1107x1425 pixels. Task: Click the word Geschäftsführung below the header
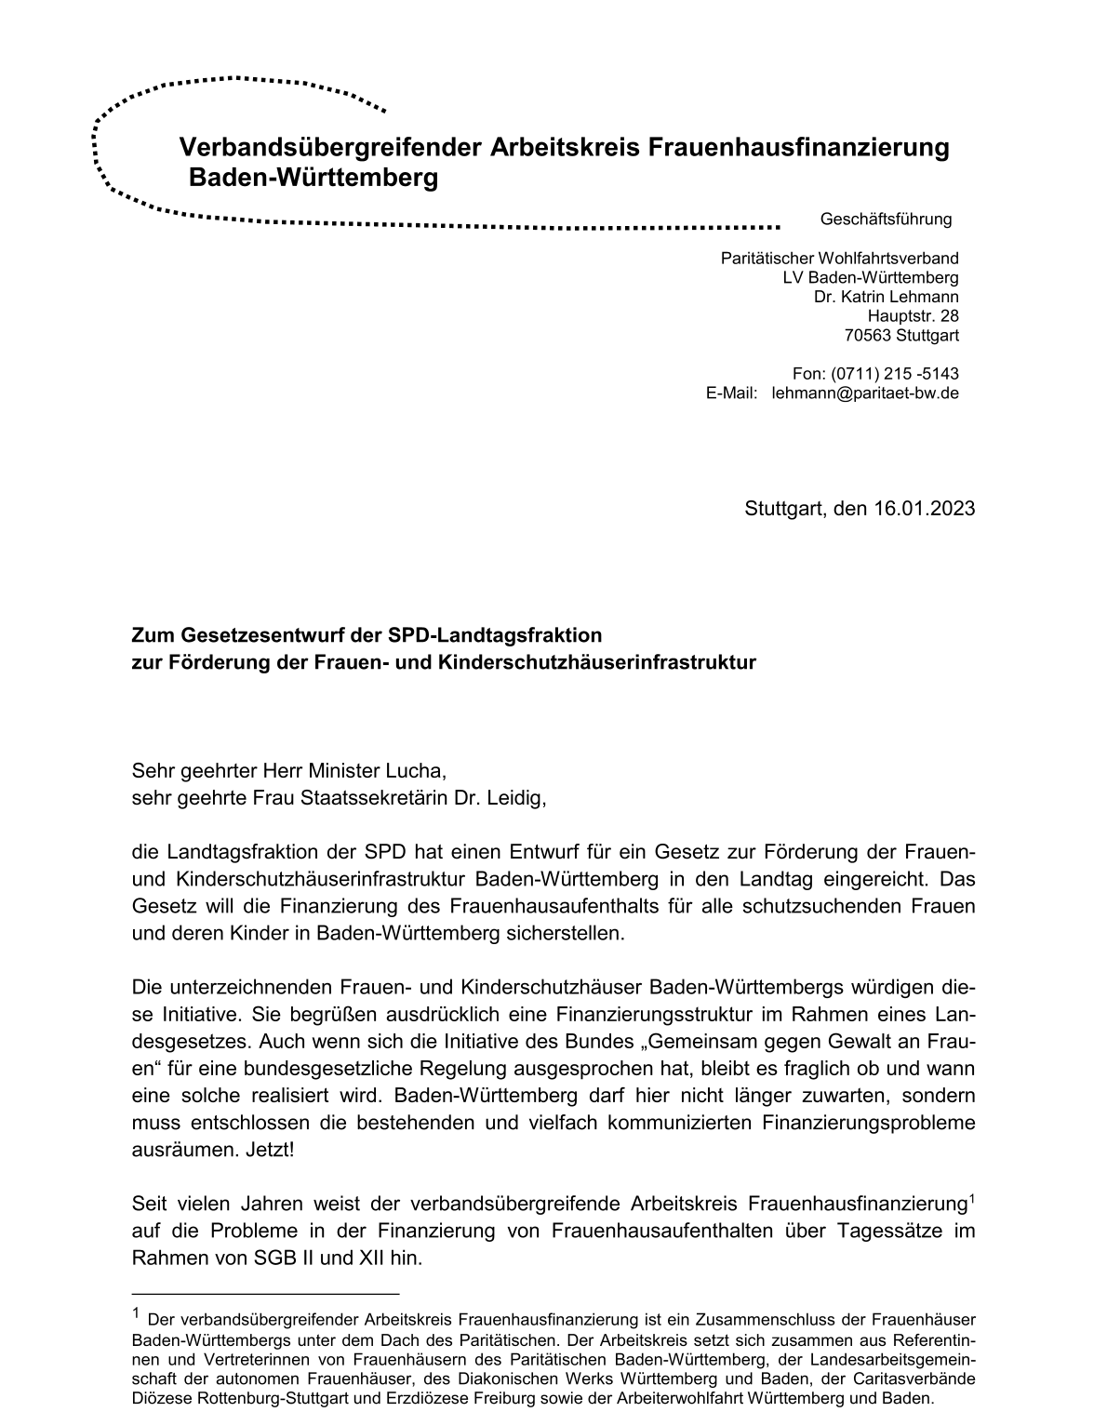[886, 220]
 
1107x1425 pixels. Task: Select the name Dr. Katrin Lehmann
[886, 297]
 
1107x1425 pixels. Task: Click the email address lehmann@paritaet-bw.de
[865, 393]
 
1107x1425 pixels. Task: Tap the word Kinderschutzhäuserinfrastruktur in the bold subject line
[596, 663]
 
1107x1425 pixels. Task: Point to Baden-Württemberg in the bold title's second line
[313, 178]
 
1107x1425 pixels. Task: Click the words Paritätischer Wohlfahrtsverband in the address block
[839, 259]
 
